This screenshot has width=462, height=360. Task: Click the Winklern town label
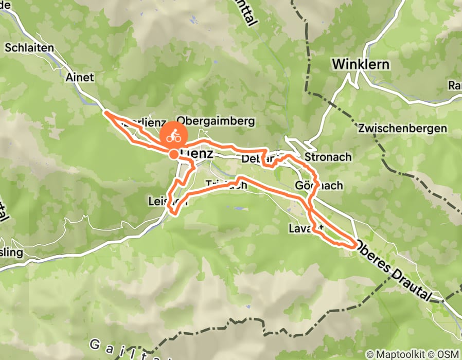tap(361, 65)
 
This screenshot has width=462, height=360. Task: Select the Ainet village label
tap(80, 77)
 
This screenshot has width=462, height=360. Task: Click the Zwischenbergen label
tap(403, 129)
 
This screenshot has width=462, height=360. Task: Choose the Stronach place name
tap(328, 156)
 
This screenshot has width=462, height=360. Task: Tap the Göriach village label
tap(319, 185)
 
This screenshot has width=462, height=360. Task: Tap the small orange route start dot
tap(174, 154)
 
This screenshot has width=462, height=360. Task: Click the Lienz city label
tap(196, 153)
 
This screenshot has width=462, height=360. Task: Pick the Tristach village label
tap(226, 184)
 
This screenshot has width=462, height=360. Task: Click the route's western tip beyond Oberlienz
tap(105, 112)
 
